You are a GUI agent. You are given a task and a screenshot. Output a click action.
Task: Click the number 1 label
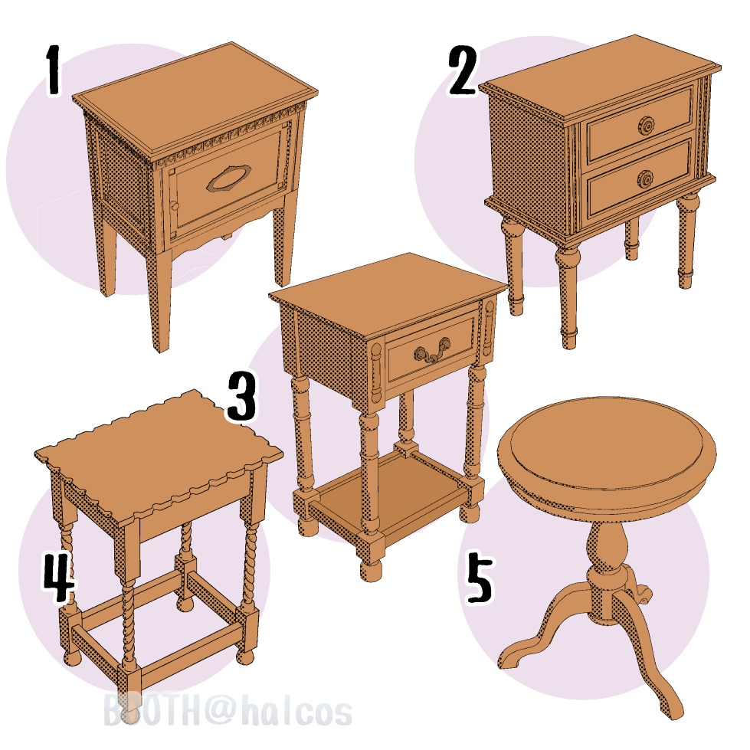(x=54, y=71)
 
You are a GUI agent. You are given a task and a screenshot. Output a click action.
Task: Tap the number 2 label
(x=463, y=71)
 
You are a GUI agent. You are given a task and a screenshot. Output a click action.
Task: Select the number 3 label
(x=241, y=398)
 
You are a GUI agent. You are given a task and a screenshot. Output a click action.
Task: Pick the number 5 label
(x=480, y=576)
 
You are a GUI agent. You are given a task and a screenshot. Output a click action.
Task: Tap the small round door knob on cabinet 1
(x=175, y=206)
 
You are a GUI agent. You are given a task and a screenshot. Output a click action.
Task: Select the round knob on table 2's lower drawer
(x=645, y=179)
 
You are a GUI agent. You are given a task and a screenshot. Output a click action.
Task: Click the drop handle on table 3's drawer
(x=432, y=351)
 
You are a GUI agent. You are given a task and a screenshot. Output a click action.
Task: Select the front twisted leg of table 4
(x=128, y=622)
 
